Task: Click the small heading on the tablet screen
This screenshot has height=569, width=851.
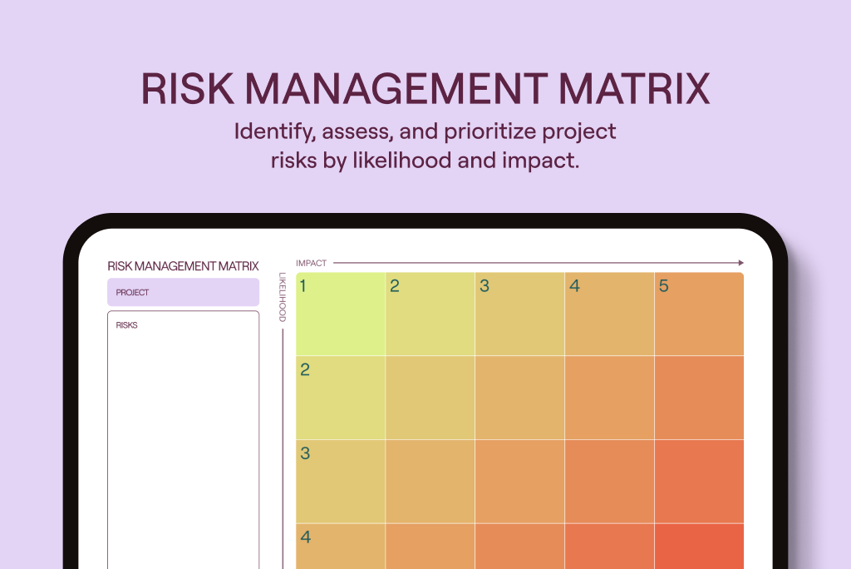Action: [x=183, y=266]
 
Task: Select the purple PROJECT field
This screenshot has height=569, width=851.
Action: [x=183, y=293]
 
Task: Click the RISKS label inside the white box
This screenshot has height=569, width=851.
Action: [x=127, y=325]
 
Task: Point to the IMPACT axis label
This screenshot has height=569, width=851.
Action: [x=312, y=263]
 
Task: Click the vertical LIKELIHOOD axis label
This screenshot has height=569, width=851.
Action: [x=283, y=297]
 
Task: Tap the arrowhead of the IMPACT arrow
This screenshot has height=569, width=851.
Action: [x=740, y=263]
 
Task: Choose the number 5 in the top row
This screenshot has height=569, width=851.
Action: [x=663, y=286]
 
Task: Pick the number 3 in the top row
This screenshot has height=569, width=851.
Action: [x=484, y=286]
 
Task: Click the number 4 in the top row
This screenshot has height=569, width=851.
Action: [x=573, y=286]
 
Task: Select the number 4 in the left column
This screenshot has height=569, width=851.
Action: [x=305, y=537]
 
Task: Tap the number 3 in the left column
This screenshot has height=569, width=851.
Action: [x=305, y=454]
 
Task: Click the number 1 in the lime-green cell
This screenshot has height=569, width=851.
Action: [x=303, y=286]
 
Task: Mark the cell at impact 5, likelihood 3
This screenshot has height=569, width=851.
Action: [x=699, y=481]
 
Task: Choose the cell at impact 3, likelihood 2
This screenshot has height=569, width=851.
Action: [x=519, y=398]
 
